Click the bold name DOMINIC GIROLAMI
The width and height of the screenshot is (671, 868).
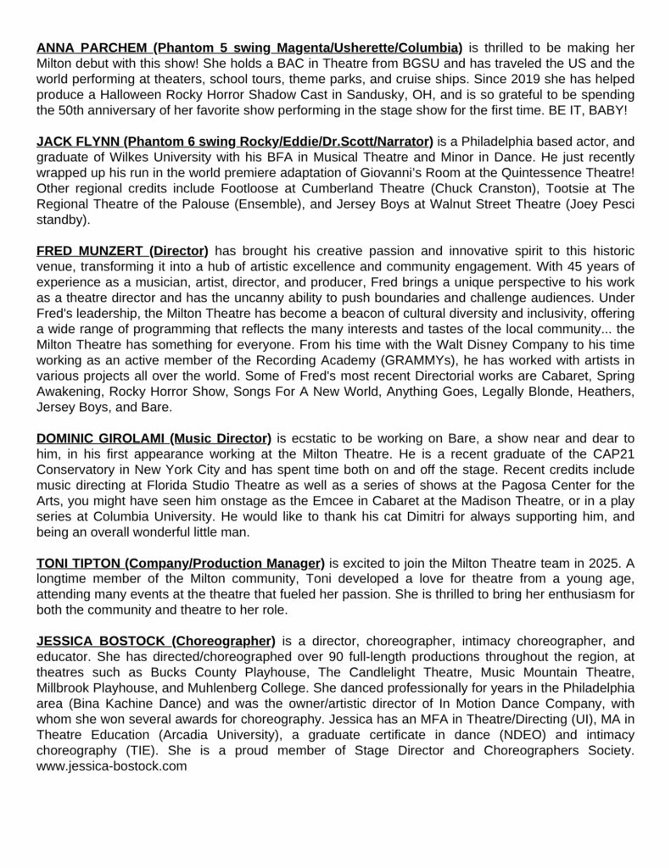pos(100,437)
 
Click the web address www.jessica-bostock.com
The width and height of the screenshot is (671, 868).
pos(111,765)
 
